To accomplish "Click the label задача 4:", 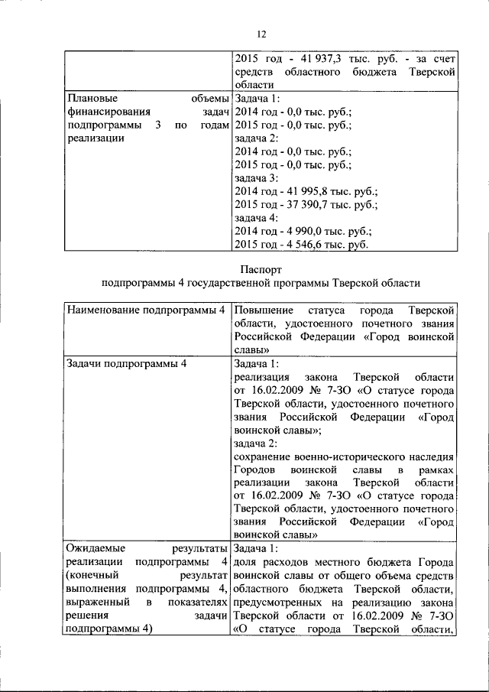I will (x=257, y=219).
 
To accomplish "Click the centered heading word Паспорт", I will (x=261, y=269).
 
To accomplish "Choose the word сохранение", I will (x=263, y=457).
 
